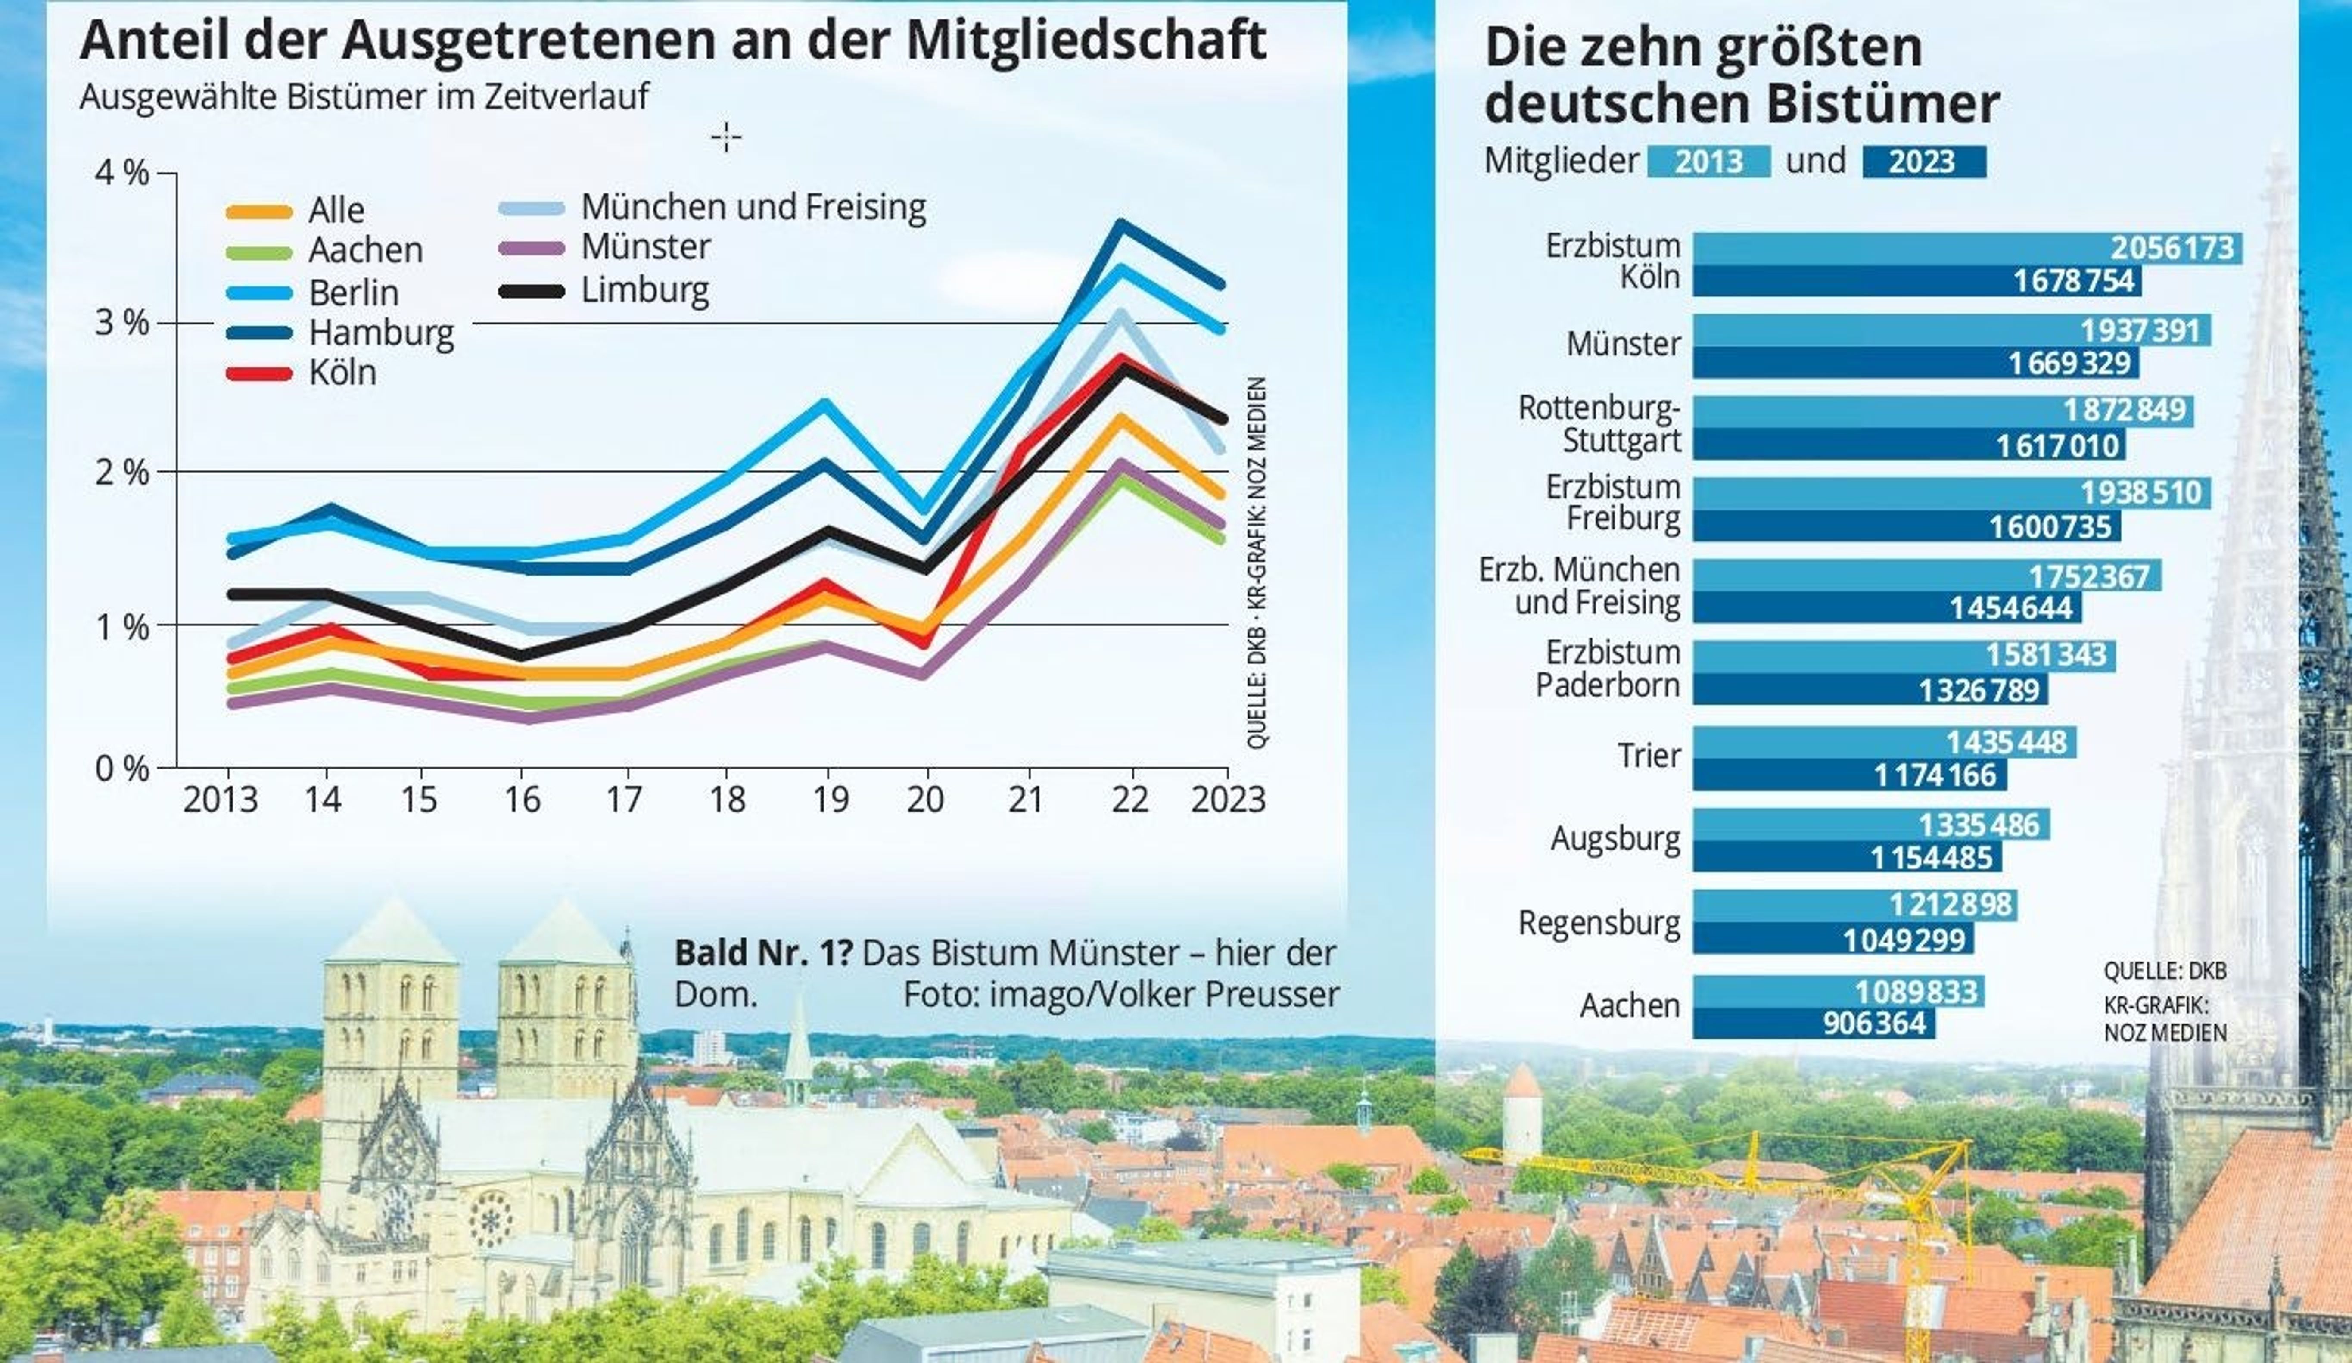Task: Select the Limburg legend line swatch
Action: point(532,291)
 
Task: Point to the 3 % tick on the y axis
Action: point(122,323)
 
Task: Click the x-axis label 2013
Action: point(220,800)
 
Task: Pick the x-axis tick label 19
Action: point(830,800)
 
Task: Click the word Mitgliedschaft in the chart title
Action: point(1086,41)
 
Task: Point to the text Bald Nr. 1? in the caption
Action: point(762,953)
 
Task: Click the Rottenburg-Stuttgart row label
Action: point(1599,425)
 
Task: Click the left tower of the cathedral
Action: point(390,1008)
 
